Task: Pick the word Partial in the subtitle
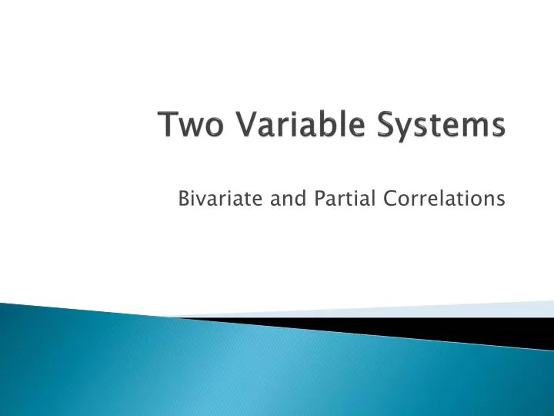click(335, 199)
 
